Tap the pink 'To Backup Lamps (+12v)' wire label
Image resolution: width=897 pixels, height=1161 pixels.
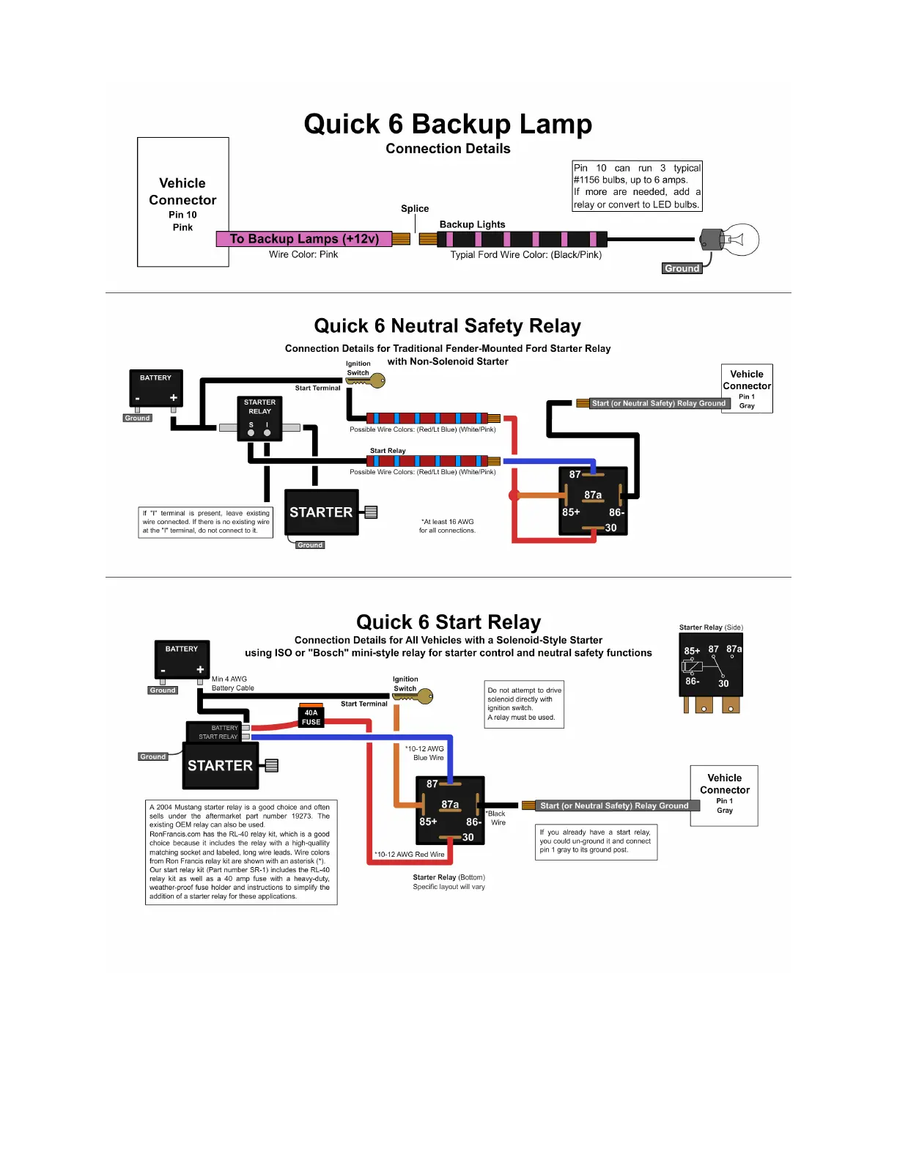pyautogui.click(x=304, y=239)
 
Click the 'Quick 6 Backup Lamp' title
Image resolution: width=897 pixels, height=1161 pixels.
pyautogui.click(x=448, y=124)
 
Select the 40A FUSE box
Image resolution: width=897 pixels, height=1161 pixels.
pyautogui.click(x=311, y=717)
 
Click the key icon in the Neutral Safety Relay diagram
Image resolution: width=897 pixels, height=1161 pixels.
pyautogui.click(x=374, y=380)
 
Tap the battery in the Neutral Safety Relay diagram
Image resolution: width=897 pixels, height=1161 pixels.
pyautogui.click(x=155, y=388)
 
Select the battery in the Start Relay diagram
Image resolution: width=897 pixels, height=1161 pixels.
pyautogui.click(x=181, y=660)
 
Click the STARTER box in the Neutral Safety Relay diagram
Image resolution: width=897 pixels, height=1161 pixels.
pyautogui.click(x=321, y=512)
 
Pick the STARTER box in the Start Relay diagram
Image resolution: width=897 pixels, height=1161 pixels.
pyautogui.click(x=220, y=765)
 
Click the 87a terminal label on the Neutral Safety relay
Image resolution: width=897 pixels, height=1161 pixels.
pyautogui.click(x=593, y=495)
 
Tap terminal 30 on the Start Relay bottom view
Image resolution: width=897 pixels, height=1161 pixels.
pyautogui.click(x=468, y=837)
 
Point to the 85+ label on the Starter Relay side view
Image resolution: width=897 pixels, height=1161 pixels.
pyautogui.click(x=692, y=651)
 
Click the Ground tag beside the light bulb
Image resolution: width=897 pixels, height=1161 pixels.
pyautogui.click(x=682, y=268)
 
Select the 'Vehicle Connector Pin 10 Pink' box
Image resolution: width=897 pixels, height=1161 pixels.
pyautogui.click(x=182, y=202)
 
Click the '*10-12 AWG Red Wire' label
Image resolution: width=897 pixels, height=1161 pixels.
pyautogui.click(x=410, y=855)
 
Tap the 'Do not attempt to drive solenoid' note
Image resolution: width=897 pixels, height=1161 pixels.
pyautogui.click(x=525, y=704)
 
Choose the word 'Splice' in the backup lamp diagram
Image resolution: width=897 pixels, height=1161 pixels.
pyautogui.click(x=415, y=209)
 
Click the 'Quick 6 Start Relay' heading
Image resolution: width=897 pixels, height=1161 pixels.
pyautogui.click(x=448, y=622)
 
